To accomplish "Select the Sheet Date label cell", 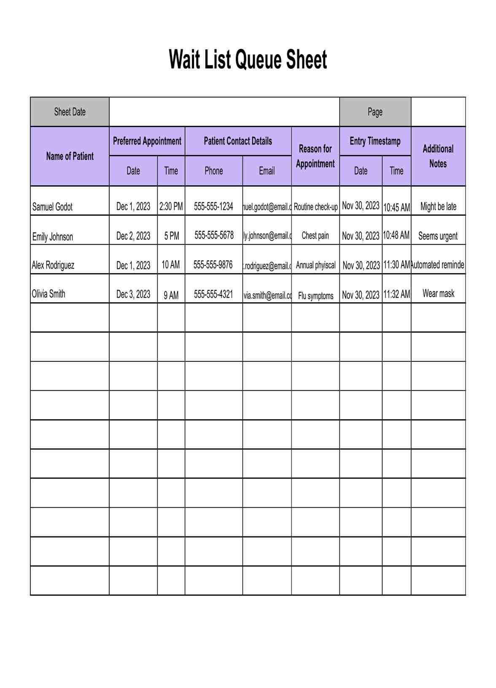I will click(x=70, y=112).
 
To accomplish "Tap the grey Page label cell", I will click(x=375, y=112).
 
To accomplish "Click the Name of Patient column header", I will click(x=70, y=156).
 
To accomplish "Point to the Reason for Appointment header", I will click(x=315, y=156).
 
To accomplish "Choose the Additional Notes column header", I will click(x=438, y=156).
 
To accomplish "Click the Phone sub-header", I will click(x=213, y=171).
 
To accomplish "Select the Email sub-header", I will click(x=267, y=171).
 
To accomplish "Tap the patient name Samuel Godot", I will click(x=52, y=207).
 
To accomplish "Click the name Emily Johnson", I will click(x=53, y=236).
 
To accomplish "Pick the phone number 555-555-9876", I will click(x=213, y=265).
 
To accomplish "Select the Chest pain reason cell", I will click(x=315, y=236).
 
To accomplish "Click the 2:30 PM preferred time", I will click(x=171, y=206).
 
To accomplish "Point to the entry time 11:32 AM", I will click(x=396, y=294).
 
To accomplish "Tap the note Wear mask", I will click(x=438, y=293).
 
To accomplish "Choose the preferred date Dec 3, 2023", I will click(x=133, y=294).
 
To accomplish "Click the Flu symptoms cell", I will click(x=315, y=295).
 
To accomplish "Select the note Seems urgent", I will click(x=438, y=236).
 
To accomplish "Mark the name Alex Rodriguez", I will click(x=53, y=265).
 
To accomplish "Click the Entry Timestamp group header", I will click(x=375, y=141).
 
